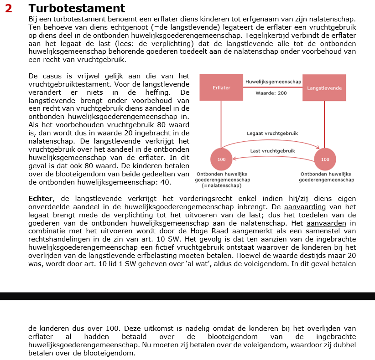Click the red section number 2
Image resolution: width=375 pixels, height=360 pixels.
(9, 8)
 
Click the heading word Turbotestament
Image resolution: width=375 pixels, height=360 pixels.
(76, 8)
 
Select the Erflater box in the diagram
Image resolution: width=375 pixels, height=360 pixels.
(221, 87)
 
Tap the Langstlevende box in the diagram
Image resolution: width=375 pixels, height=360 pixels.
(324, 87)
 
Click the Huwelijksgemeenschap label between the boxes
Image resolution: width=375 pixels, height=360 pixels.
(273, 82)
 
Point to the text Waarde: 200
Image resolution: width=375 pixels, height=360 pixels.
(271, 93)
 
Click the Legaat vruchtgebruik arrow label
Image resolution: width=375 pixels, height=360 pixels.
(272, 134)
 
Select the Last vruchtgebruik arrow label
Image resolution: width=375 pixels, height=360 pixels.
(272, 151)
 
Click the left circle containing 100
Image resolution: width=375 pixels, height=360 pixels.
(221, 159)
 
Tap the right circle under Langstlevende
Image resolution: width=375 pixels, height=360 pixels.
(325, 159)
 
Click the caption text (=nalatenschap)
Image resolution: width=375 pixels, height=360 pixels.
(222, 185)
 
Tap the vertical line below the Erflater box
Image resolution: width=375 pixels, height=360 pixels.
(221, 123)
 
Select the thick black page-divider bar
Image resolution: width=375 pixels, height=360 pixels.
(187, 296)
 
